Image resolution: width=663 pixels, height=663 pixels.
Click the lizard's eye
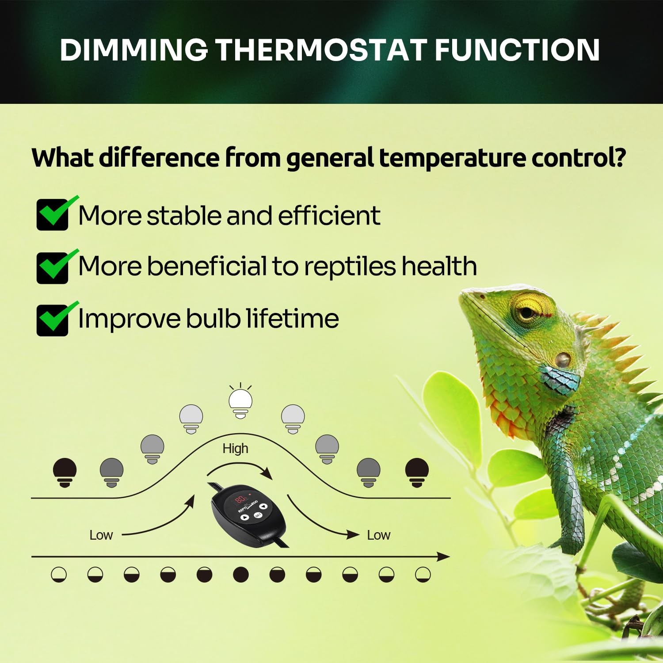pyautogui.click(x=527, y=312)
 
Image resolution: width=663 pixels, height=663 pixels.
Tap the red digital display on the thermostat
pyautogui.click(x=240, y=500)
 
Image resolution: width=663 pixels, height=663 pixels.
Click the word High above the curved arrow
pyautogui.click(x=235, y=449)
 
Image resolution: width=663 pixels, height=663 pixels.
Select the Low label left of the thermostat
pyautogui.click(x=101, y=535)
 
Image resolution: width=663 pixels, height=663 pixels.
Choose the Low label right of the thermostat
pyautogui.click(x=379, y=535)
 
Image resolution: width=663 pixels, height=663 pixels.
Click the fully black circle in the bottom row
pyautogui.click(x=241, y=575)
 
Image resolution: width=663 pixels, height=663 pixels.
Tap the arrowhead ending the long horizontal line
pyautogui.click(x=443, y=557)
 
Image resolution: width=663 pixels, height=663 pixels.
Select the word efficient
pyautogui.click(x=329, y=215)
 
